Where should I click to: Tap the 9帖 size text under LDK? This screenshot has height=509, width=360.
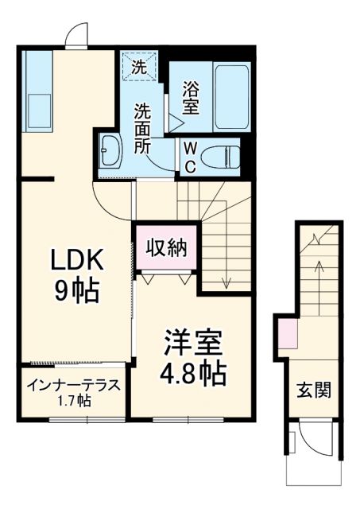point(78,291)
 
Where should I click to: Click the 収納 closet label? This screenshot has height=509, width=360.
point(165,248)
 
